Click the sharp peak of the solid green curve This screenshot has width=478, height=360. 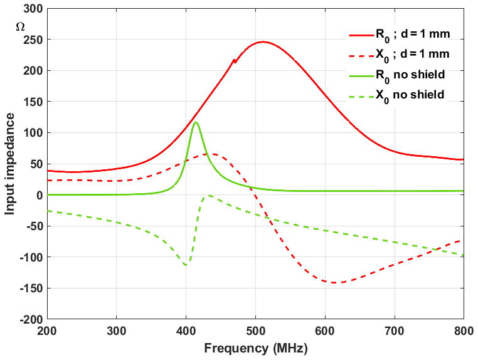click(x=196, y=122)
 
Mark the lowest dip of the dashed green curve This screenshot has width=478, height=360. click(x=186, y=265)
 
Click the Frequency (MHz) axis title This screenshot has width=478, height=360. click(x=255, y=347)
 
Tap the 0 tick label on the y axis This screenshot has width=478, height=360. click(x=38, y=195)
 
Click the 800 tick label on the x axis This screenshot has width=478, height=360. click(x=463, y=330)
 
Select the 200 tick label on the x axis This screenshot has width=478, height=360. click(x=47, y=330)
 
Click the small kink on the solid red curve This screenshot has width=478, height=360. click(x=234, y=60)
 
